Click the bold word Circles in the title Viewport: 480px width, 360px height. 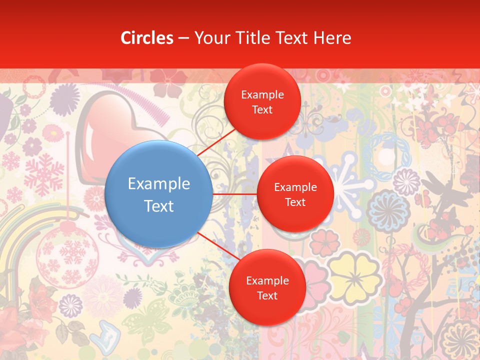pyautogui.click(x=147, y=38)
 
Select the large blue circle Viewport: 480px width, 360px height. pyautogui.click(x=159, y=194)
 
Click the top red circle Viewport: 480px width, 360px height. pyautogui.click(x=262, y=102)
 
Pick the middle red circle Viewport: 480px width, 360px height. pyautogui.click(x=295, y=194)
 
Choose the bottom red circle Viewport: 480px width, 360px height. pyautogui.click(x=267, y=287)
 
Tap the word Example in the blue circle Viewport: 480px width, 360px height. pyautogui.click(x=159, y=184)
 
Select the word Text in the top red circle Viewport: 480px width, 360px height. pyautogui.click(x=262, y=109)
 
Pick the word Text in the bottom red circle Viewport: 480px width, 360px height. pyautogui.click(x=267, y=295)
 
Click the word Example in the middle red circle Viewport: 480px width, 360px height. pyautogui.click(x=295, y=187)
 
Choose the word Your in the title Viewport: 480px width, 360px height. pyautogui.click(x=210, y=38)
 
